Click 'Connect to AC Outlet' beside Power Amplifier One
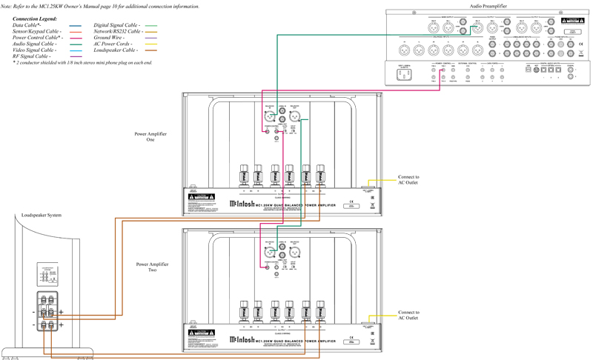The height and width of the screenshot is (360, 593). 408,181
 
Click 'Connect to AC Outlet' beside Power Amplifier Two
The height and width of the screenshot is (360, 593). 408,316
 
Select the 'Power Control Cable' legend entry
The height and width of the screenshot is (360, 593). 37,38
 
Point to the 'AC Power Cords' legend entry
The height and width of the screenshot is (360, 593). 114,44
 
